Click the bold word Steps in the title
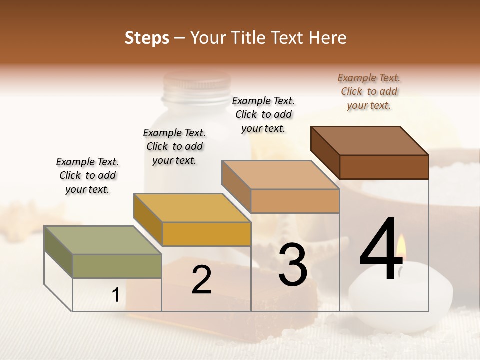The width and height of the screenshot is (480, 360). click(147, 38)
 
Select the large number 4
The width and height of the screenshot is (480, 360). click(381, 249)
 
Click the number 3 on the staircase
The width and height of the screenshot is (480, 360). click(292, 265)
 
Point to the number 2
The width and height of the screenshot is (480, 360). click(201, 280)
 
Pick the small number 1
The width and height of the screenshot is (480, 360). click(116, 295)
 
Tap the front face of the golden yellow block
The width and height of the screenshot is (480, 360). click(206, 234)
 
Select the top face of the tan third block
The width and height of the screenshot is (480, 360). click(280, 175)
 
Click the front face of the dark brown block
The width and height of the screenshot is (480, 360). click(384, 167)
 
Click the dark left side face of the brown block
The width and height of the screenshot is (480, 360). click(325, 152)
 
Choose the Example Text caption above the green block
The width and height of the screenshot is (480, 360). click(87, 175)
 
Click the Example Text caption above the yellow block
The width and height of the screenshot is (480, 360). click(174, 146)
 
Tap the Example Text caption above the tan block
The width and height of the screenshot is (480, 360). click(263, 114)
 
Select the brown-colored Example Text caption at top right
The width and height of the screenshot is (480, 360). click(369, 91)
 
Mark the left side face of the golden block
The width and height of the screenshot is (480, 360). click(148, 219)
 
